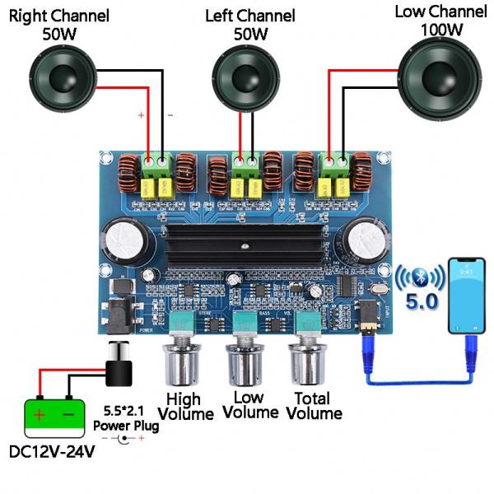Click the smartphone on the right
click(x=466, y=296)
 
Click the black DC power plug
click(x=119, y=367)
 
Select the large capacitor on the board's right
click(x=364, y=240)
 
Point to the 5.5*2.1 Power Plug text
click(x=126, y=417)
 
